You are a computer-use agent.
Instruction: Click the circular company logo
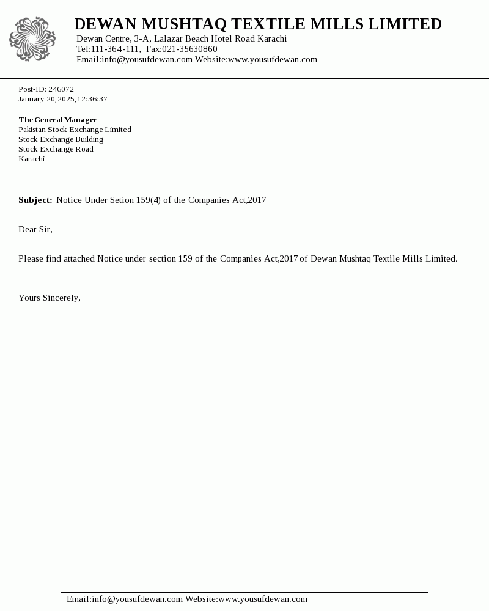32,39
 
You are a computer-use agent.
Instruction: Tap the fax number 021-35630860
189,49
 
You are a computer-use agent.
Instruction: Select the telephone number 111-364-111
115,49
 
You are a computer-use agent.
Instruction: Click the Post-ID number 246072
61,89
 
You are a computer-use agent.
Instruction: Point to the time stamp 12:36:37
92,99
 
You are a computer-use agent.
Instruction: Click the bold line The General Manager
57,120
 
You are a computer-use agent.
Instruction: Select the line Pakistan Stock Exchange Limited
75,130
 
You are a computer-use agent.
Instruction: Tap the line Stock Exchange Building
61,139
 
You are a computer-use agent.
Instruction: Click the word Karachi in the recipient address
31,159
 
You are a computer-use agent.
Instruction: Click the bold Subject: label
35,200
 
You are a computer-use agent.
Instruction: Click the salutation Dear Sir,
35,230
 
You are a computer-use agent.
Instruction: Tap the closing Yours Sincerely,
50,298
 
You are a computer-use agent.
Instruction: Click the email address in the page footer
125,599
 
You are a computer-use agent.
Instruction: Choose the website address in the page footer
263,599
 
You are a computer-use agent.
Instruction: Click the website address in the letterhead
273,60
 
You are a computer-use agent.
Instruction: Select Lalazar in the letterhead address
168,39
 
